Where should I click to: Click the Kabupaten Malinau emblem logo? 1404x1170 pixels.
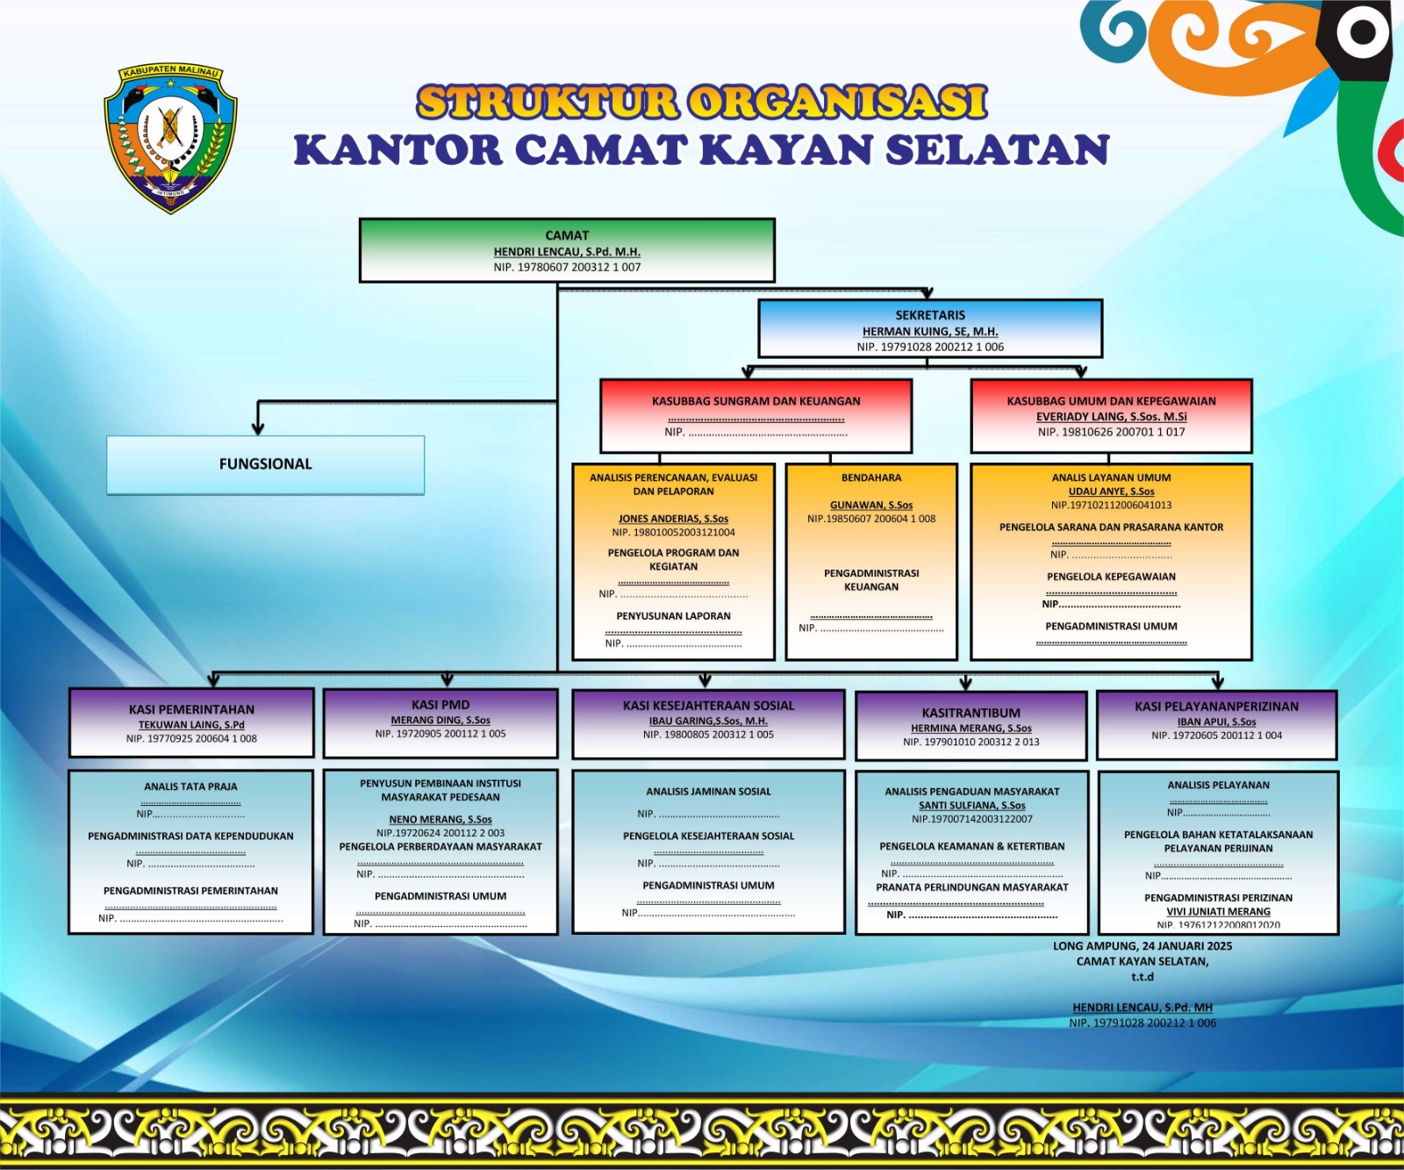tap(170, 139)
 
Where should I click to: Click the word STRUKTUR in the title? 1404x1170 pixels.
tap(547, 102)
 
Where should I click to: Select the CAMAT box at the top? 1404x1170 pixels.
tap(567, 250)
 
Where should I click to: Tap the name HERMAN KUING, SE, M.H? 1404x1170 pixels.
tap(930, 332)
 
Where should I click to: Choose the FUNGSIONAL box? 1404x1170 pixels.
tap(266, 464)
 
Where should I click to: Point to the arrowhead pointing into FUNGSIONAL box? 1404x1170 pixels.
tap(258, 428)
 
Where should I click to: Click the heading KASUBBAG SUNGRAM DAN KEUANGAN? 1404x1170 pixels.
tap(756, 401)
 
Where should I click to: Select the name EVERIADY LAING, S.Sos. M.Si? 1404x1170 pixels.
tap(1111, 417)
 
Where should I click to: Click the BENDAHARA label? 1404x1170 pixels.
tap(871, 477)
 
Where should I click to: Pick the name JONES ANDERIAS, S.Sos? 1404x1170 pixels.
tap(673, 519)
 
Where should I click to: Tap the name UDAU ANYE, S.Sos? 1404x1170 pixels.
tap(1111, 492)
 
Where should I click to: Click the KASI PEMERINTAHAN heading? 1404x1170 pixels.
tap(191, 709)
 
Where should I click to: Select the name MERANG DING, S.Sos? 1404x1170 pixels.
tap(441, 720)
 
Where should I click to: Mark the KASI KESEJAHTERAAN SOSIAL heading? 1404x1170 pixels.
tap(708, 706)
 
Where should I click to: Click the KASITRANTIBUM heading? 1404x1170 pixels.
tap(971, 713)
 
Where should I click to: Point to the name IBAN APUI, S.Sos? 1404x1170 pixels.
tap(1216, 721)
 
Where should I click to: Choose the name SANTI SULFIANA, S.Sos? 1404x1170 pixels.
tap(971, 805)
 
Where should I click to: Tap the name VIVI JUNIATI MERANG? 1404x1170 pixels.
tap(1218, 911)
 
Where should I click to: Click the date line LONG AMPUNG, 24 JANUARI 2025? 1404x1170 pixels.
tap(1143, 946)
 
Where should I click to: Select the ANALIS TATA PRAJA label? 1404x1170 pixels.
tap(190, 786)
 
